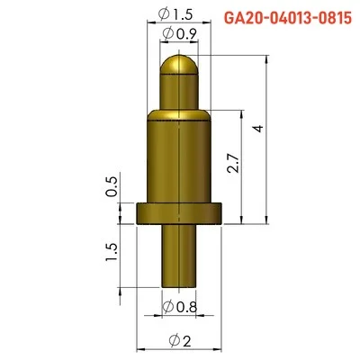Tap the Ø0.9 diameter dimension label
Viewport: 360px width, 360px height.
181,34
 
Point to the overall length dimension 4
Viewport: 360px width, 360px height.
258,129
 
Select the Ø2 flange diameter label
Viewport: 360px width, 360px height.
179,339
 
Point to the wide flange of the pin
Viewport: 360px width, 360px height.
179,212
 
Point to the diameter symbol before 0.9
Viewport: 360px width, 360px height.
167,34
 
